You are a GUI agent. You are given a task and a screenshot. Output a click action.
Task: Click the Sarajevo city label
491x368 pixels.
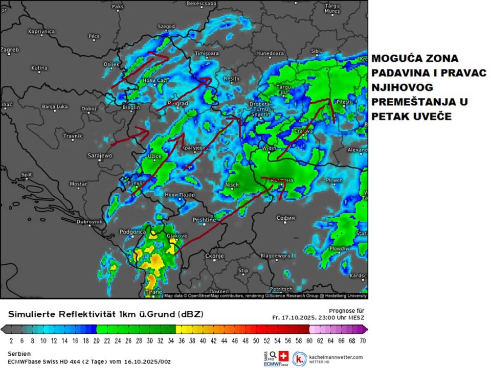100,155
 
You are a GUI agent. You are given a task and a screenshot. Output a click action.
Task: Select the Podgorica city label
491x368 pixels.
133,232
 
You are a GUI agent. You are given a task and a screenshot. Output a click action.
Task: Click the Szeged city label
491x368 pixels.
166,27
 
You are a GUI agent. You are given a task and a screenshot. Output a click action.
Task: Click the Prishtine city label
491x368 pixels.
205,219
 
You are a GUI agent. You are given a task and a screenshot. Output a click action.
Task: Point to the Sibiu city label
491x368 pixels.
317,51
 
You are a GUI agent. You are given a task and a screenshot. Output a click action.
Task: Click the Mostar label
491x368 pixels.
78,183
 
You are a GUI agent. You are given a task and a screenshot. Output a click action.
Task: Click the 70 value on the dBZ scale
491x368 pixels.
362,340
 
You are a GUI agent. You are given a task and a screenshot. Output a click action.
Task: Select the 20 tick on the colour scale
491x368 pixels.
96,340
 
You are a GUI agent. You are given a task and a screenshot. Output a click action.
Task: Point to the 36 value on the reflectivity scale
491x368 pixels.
182,340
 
